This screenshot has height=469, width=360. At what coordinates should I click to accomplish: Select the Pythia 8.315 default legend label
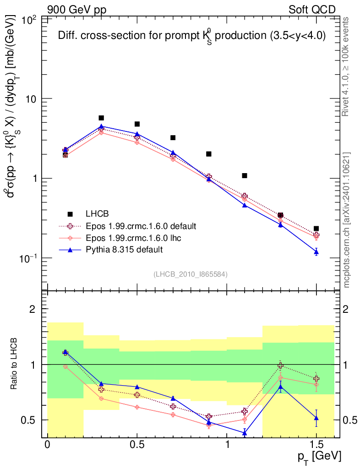point(124,250)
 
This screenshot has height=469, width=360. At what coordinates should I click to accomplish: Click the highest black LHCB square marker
point(101,118)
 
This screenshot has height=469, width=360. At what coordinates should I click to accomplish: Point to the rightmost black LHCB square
point(316,229)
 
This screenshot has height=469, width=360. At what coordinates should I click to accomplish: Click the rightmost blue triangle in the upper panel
point(316,252)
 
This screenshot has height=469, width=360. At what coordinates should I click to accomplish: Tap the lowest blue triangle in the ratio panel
point(245,432)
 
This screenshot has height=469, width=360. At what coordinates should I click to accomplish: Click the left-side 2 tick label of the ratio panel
point(33,309)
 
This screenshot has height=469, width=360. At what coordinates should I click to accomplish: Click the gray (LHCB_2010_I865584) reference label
point(190,274)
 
